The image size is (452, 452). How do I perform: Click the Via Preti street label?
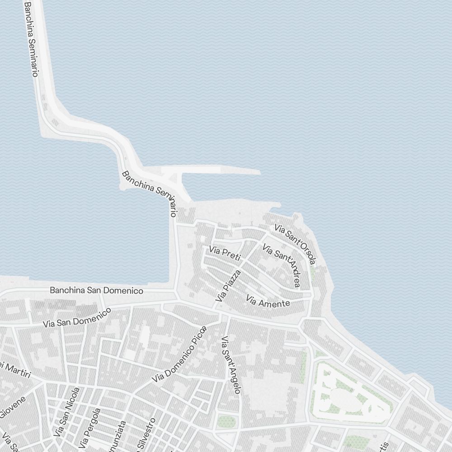coord(225,253)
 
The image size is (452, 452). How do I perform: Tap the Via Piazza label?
coord(228,286)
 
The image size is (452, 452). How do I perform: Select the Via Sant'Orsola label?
coord(295,244)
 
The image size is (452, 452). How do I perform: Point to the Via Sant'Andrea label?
coord(281,266)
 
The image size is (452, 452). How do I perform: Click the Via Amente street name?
coord(268,301)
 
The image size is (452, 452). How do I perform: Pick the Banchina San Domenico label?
coord(96,291)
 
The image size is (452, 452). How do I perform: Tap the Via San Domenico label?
coord(77,317)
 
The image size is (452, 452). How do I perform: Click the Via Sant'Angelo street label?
coord(231,365)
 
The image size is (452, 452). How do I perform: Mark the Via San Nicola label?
coord(66,411)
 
